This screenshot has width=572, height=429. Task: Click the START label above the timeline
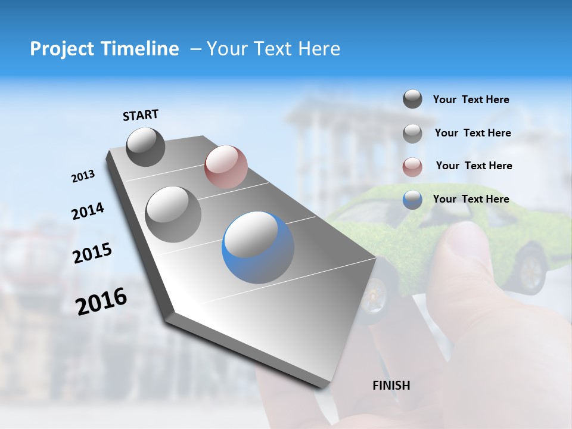(x=141, y=115)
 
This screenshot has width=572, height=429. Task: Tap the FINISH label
(x=391, y=386)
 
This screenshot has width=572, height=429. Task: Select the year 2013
(x=83, y=176)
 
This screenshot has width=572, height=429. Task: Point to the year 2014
(x=88, y=211)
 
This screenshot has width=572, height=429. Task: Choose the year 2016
(x=101, y=301)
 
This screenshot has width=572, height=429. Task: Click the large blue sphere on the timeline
(x=258, y=247)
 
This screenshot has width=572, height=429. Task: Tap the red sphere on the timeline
(x=226, y=166)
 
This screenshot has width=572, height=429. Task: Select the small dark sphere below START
(x=146, y=147)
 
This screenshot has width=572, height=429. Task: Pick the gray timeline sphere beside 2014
(x=173, y=214)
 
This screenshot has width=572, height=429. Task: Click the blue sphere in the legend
(x=412, y=200)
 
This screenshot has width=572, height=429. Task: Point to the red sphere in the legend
(x=412, y=167)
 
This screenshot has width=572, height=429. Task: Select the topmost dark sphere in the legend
(x=412, y=100)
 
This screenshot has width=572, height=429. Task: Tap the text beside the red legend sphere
(x=474, y=166)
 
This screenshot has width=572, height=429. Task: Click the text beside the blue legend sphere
(x=471, y=199)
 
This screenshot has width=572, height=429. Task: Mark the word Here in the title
(x=319, y=49)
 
